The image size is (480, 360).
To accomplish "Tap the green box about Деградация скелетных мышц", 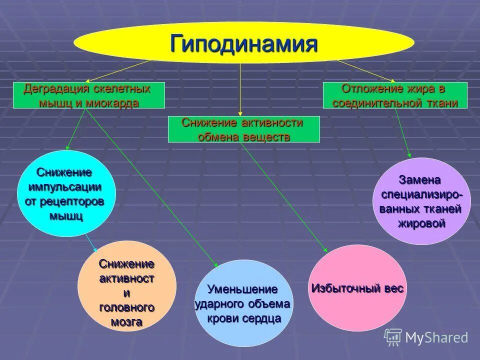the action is (88, 95).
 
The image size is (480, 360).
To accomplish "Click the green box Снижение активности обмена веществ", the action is (243, 129).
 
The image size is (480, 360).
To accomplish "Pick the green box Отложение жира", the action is (395, 95).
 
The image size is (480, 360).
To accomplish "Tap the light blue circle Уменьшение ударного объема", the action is (242, 303).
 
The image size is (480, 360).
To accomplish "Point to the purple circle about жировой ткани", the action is (421, 201).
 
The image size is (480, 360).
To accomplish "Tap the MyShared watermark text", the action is (436, 337).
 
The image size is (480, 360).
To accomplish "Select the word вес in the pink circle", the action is (393, 288).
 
